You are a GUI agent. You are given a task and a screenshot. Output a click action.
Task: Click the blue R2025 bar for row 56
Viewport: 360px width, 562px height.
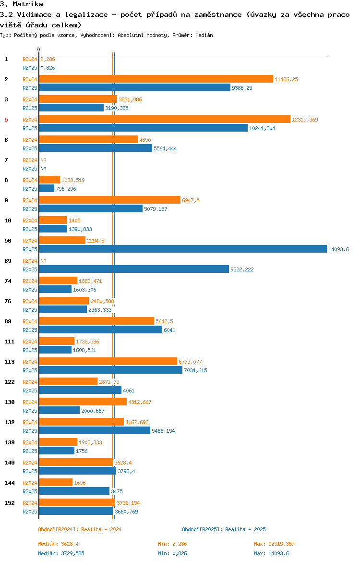[182, 249]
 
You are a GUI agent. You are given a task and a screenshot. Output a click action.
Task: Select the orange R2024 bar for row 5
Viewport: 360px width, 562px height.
[164, 119]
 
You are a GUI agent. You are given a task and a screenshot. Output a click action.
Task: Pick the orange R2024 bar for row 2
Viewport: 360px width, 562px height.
[156, 79]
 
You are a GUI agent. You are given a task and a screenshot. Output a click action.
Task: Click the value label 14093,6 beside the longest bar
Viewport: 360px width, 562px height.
[338, 249]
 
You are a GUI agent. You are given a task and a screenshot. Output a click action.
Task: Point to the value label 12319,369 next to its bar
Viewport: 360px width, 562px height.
[305, 120]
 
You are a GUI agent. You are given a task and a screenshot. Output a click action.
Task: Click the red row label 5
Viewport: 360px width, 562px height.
[6, 120]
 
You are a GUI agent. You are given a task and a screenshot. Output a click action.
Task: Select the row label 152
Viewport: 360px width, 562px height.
[10, 503]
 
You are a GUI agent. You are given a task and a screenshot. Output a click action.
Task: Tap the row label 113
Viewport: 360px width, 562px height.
[10, 362]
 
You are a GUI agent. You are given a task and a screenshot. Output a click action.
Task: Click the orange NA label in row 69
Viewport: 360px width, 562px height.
[43, 261]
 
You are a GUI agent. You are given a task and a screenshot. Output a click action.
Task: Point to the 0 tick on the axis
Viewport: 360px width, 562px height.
[38, 49]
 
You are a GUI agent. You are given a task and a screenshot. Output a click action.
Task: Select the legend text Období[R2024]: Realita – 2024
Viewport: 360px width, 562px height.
[80, 529]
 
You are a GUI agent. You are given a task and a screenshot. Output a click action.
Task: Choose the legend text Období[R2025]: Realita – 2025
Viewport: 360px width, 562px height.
[224, 529]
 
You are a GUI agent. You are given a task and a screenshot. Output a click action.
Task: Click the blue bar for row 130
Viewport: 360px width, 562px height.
[59, 410]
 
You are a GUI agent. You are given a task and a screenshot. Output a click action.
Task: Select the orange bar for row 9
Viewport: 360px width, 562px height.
[109, 200]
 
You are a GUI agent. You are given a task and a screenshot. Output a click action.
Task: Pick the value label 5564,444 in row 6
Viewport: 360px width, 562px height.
[165, 148]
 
